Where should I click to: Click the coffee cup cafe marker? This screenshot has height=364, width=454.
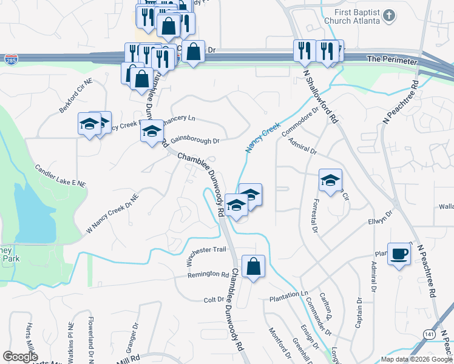click(399, 254)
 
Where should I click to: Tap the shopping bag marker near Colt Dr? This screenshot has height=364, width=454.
click(253, 266)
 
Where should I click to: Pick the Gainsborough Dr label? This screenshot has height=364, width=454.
click(194, 140)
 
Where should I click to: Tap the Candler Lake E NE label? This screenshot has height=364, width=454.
click(60, 175)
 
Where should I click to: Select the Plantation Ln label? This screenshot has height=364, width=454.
click(289, 294)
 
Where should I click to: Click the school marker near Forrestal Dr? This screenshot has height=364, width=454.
click(330, 181)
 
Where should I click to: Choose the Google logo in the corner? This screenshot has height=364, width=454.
click(20, 357)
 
